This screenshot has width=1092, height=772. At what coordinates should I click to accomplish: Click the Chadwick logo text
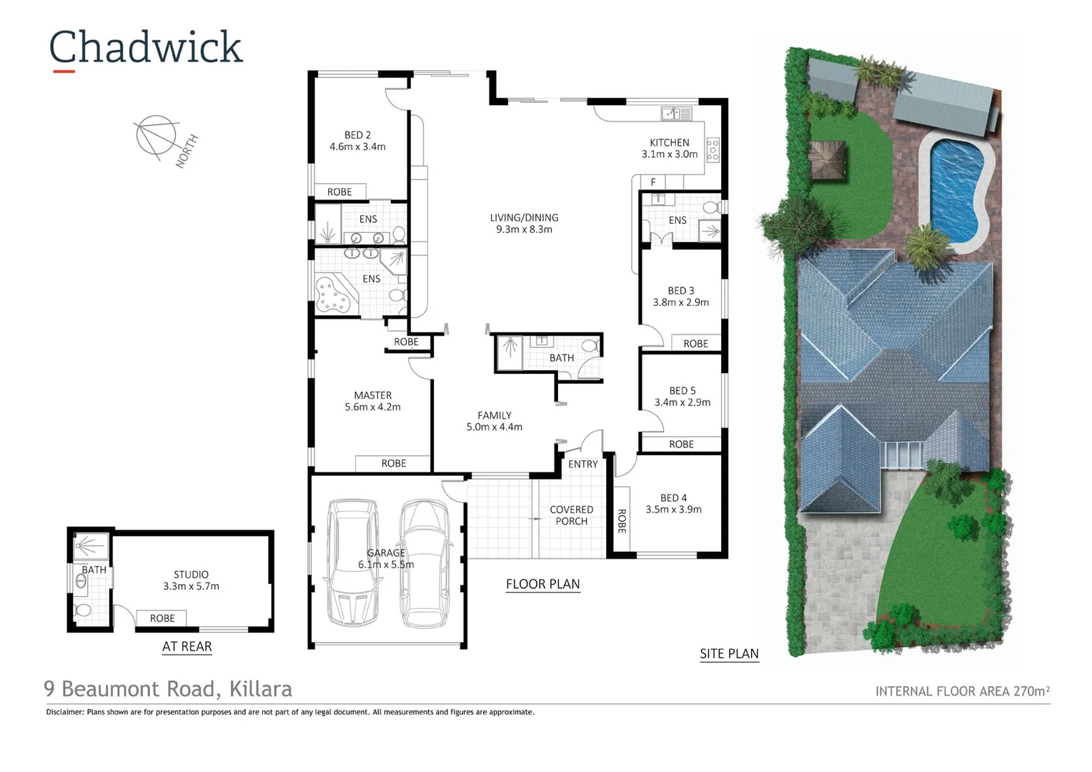(146, 49)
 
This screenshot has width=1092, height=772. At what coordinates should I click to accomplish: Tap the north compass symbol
(157, 136)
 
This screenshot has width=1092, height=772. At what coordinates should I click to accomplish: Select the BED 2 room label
(357, 135)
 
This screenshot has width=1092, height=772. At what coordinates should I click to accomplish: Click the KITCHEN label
(669, 143)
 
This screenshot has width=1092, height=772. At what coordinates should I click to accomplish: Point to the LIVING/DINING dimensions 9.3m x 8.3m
(524, 229)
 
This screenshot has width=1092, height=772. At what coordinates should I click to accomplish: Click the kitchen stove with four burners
(713, 149)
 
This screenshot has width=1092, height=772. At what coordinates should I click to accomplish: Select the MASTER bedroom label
(372, 395)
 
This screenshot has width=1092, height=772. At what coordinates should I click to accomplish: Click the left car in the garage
(352, 562)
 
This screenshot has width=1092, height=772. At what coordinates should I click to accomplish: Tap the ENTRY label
(582, 464)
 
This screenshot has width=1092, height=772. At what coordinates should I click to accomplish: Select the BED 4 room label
(673, 498)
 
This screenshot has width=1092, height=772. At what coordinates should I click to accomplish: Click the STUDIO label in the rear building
(191, 575)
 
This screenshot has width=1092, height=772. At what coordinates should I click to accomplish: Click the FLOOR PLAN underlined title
(542, 585)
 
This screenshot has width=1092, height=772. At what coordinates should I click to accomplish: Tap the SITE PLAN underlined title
(729, 654)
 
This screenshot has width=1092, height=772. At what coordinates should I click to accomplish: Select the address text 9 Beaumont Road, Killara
(168, 689)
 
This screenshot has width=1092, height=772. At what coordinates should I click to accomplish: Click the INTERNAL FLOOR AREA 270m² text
(962, 691)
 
